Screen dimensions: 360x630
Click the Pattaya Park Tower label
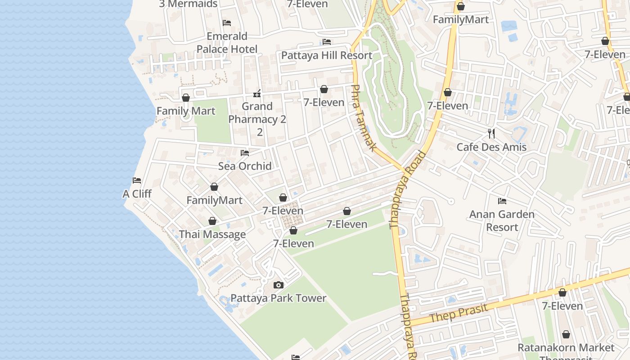pos(278,298)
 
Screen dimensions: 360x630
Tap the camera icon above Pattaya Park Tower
pos(279,285)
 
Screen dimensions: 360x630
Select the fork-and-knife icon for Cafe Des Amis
pos(491,134)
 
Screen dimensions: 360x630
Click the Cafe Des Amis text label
pos(491,147)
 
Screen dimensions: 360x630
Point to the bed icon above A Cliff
pos(137,180)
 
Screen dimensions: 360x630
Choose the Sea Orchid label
pos(245,166)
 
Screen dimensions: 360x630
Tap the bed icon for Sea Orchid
pos(245,153)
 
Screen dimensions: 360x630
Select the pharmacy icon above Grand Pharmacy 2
pos(257,94)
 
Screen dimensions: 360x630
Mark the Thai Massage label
pos(212,234)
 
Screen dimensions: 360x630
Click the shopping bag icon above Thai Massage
pos(212,221)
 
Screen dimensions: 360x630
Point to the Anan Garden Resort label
pos(502,220)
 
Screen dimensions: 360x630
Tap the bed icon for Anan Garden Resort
pos(502,201)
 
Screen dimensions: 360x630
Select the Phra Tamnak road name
pos(364,118)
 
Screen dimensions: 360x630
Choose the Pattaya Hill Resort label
pos(327,55)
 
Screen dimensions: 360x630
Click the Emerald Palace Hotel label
pos(227,42)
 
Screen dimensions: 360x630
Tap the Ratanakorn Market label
pos(566,348)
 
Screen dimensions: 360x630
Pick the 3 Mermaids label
pos(188,4)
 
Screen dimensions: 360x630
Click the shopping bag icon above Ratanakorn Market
pos(566,335)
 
